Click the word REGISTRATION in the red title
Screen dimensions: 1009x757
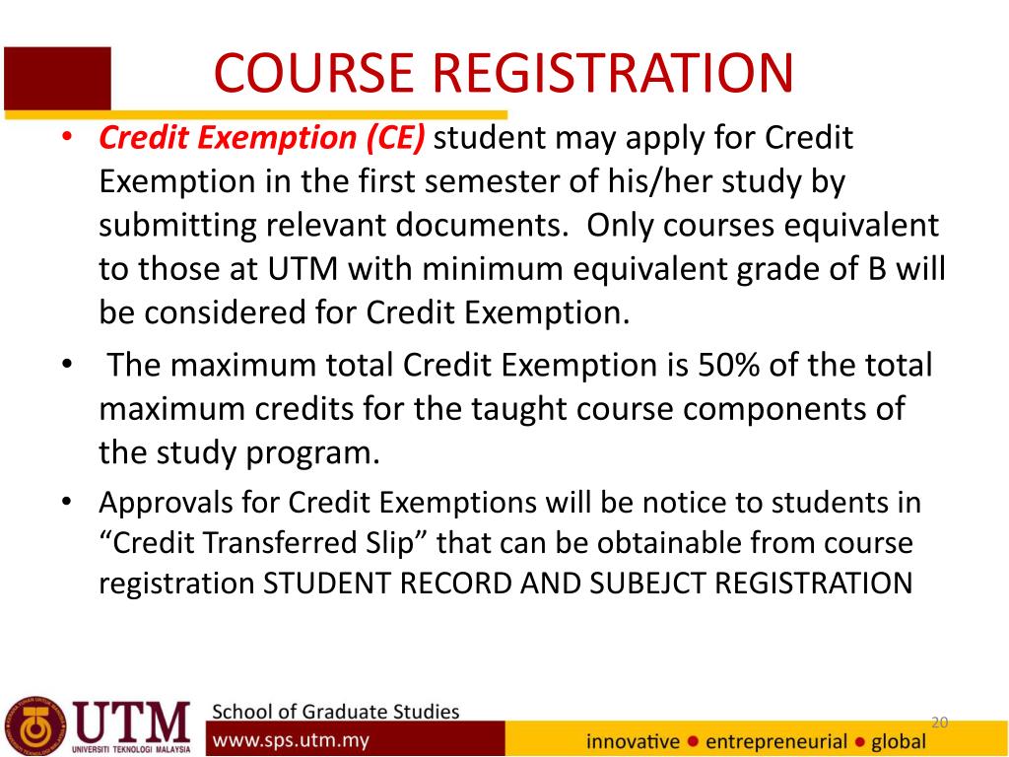pos(613,73)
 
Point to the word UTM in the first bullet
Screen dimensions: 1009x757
pos(303,268)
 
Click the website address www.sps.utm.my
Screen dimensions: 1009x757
pos(291,740)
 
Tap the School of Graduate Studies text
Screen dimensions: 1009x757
pos(336,712)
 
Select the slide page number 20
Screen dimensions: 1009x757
pos(939,723)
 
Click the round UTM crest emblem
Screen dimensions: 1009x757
pos(35,726)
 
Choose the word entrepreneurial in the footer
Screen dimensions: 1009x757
pos(776,742)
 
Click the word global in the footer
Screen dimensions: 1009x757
pos(899,742)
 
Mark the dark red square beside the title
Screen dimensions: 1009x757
pos(57,78)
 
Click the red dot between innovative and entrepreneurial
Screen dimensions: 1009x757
pos(693,741)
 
